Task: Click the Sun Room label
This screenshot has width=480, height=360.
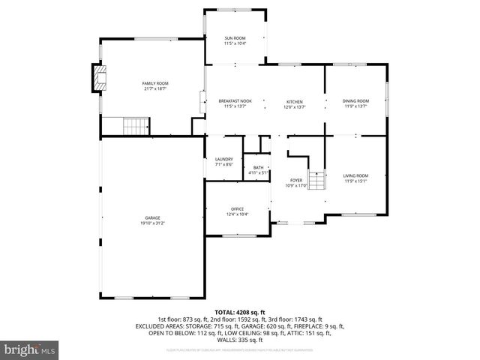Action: click(x=235, y=38)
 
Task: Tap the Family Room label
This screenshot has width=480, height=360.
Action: click(x=155, y=83)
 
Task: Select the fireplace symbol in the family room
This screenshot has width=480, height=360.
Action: click(x=98, y=79)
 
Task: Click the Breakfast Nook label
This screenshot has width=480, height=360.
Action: click(x=235, y=101)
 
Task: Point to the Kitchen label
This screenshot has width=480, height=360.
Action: click(x=294, y=101)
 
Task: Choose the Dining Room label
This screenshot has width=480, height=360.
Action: click(x=355, y=101)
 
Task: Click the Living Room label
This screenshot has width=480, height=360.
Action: click(x=356, y=175)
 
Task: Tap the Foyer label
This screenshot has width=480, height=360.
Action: click(x=296, y=180)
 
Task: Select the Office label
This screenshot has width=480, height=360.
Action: click(x=237, y=209)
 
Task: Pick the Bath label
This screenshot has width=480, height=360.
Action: click(x=259, y=167)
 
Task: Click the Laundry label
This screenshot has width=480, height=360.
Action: click(x=223, y=158)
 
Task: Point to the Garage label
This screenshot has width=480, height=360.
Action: click(x=153, y=217)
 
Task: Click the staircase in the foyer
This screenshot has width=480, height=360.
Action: click(x=318, y=181)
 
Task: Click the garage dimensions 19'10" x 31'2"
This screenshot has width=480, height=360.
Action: click(x=153, y=223)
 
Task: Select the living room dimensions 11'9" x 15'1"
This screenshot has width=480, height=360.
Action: click(x=356, y=180)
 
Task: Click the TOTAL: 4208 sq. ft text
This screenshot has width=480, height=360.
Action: click(x=240, y=311)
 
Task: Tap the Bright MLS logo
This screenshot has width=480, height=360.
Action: click(x=30, y=349)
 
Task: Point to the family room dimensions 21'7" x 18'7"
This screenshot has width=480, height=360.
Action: click(x=155, y=88)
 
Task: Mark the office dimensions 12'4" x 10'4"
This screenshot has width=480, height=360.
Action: click(x=237, y=214)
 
